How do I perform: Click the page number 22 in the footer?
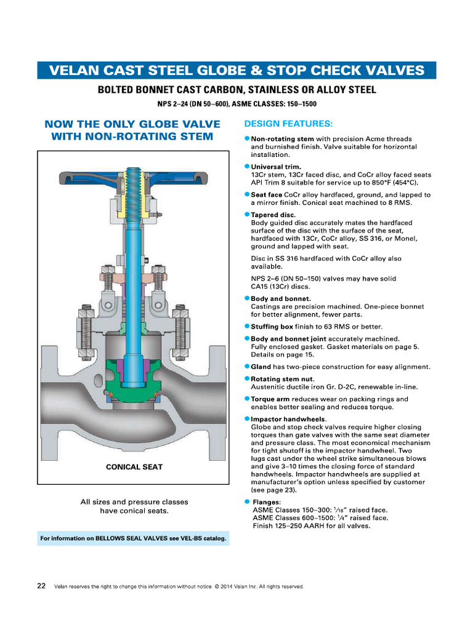pos(41,586)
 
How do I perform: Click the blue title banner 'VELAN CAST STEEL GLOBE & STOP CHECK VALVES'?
pos(236,70)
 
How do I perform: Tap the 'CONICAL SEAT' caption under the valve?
pos(134,467)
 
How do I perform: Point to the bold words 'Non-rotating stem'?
pos(283,139)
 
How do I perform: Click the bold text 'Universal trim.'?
pos(276,167)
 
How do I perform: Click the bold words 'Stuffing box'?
pos(272,326)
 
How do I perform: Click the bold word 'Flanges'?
pos(266,502)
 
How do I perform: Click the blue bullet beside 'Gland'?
pos(247,366)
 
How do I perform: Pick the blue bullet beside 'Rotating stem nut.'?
pos(247,379)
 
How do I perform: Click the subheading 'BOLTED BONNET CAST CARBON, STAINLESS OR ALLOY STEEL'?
pos(236,90)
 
